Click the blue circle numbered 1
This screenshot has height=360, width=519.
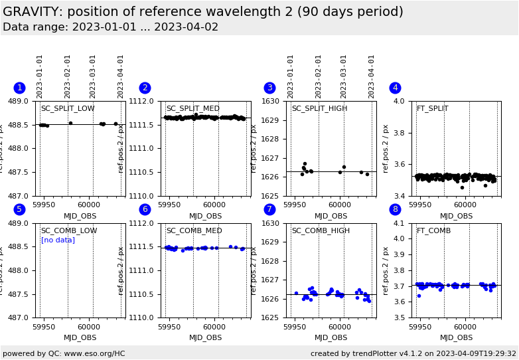pyautogui.click(x=19, y=88)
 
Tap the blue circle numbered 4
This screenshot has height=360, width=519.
pyautogui.click(x=395, y=88)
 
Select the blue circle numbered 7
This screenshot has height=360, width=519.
pyautogui.click(x=269, y=210)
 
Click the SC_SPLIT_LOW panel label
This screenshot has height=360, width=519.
pyautogui.click(x=68, y=109)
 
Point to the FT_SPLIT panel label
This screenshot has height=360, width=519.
pyautogui.click(x=432, y=109)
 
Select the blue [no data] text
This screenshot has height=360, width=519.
pyautogui.click(x=58, y=240)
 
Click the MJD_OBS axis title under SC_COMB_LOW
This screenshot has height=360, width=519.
pyautogui.click(x=80, y=337)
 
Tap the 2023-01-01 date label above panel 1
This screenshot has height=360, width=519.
pyautogui.click(x=40, y=76)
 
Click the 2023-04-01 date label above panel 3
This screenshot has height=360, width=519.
pyautogui.click(x=372, y=76)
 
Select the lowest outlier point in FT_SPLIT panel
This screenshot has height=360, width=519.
pyautogui.click(x=462, y=187)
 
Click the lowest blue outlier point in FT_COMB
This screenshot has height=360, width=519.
pyautogui.click(x=419, y=296)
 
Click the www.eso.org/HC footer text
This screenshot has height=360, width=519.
pyautogui.click(x=92, y=353)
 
